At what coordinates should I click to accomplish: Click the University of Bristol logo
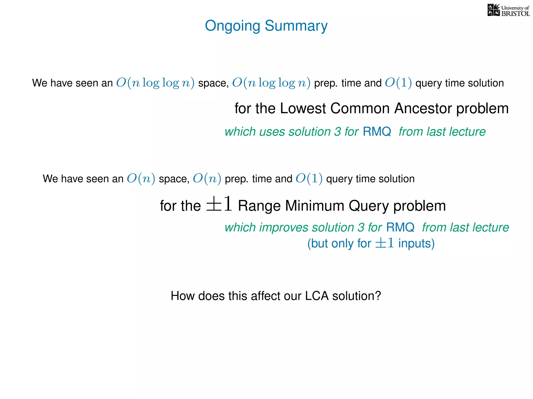coord(508,10)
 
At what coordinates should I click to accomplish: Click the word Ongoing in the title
coord(232,26)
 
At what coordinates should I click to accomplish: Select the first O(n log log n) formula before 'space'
coord(155,83)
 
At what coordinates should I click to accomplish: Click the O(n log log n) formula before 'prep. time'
coord(271,83)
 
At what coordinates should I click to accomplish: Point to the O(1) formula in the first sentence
coord(398,83)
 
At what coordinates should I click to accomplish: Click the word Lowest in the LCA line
coord(303,108)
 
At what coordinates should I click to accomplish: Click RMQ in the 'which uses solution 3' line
coord(377,132)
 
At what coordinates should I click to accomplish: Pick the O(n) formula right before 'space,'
coord(141,179)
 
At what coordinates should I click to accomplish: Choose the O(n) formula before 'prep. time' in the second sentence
coord(207,179)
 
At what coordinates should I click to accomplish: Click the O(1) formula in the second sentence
coord(309,179)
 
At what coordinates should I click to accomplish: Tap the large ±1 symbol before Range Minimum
coord(219,204)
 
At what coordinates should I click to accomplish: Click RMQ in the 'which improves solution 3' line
coord(400,228)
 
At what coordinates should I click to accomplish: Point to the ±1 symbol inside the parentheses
coord(384,243)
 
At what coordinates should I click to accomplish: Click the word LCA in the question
coord(317,296)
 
